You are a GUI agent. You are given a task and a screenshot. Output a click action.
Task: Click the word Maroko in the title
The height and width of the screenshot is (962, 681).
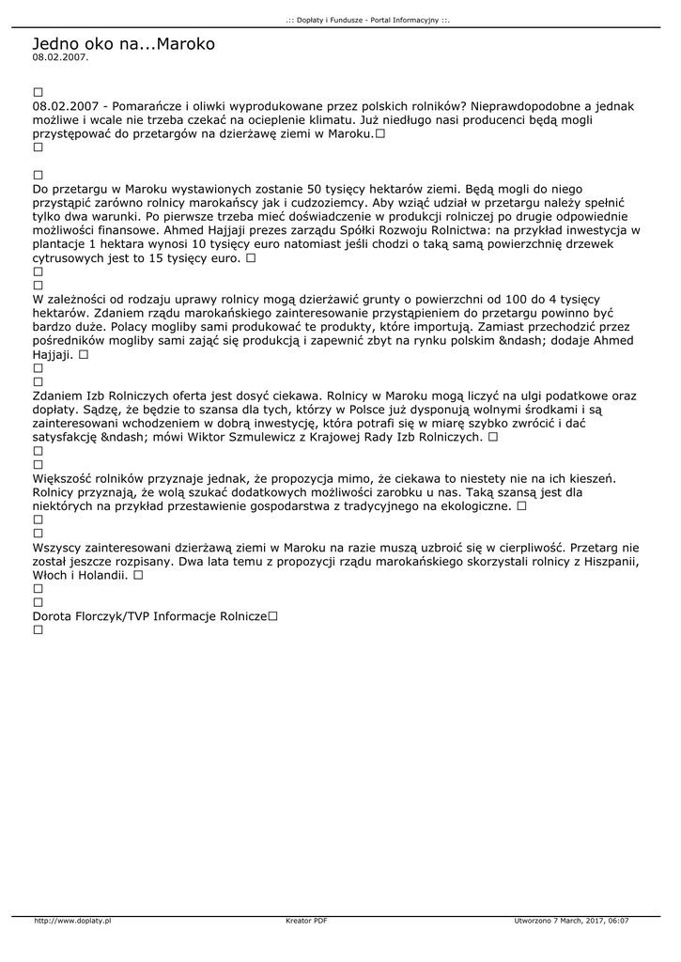tap(185, 44)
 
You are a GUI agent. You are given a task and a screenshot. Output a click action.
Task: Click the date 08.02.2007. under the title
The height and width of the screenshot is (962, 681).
tap(60, 57)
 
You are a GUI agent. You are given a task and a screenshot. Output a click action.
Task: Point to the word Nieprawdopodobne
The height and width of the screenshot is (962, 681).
tap(526, 107)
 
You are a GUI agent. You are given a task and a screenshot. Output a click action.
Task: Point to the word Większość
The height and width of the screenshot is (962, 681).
tap(68, 478)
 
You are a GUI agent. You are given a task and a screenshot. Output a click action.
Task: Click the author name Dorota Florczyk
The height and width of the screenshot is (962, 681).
tap(83, 616)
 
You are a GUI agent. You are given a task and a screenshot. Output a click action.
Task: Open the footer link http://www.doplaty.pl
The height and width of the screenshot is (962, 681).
tap(72, 922)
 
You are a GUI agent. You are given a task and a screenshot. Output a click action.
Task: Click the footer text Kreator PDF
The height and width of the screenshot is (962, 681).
tap(306, 922)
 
